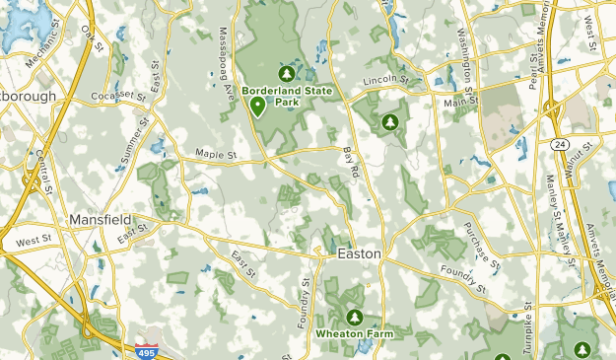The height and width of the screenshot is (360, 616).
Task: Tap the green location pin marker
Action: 257,108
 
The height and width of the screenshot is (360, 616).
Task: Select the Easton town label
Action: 359,252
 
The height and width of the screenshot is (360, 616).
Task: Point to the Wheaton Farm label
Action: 355,333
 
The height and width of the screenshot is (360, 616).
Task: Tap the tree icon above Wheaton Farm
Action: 355,317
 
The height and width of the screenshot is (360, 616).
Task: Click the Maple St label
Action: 218,154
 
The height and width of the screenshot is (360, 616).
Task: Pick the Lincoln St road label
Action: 384,80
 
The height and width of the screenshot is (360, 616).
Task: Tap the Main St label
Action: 460,102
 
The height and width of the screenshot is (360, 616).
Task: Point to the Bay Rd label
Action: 350,162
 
